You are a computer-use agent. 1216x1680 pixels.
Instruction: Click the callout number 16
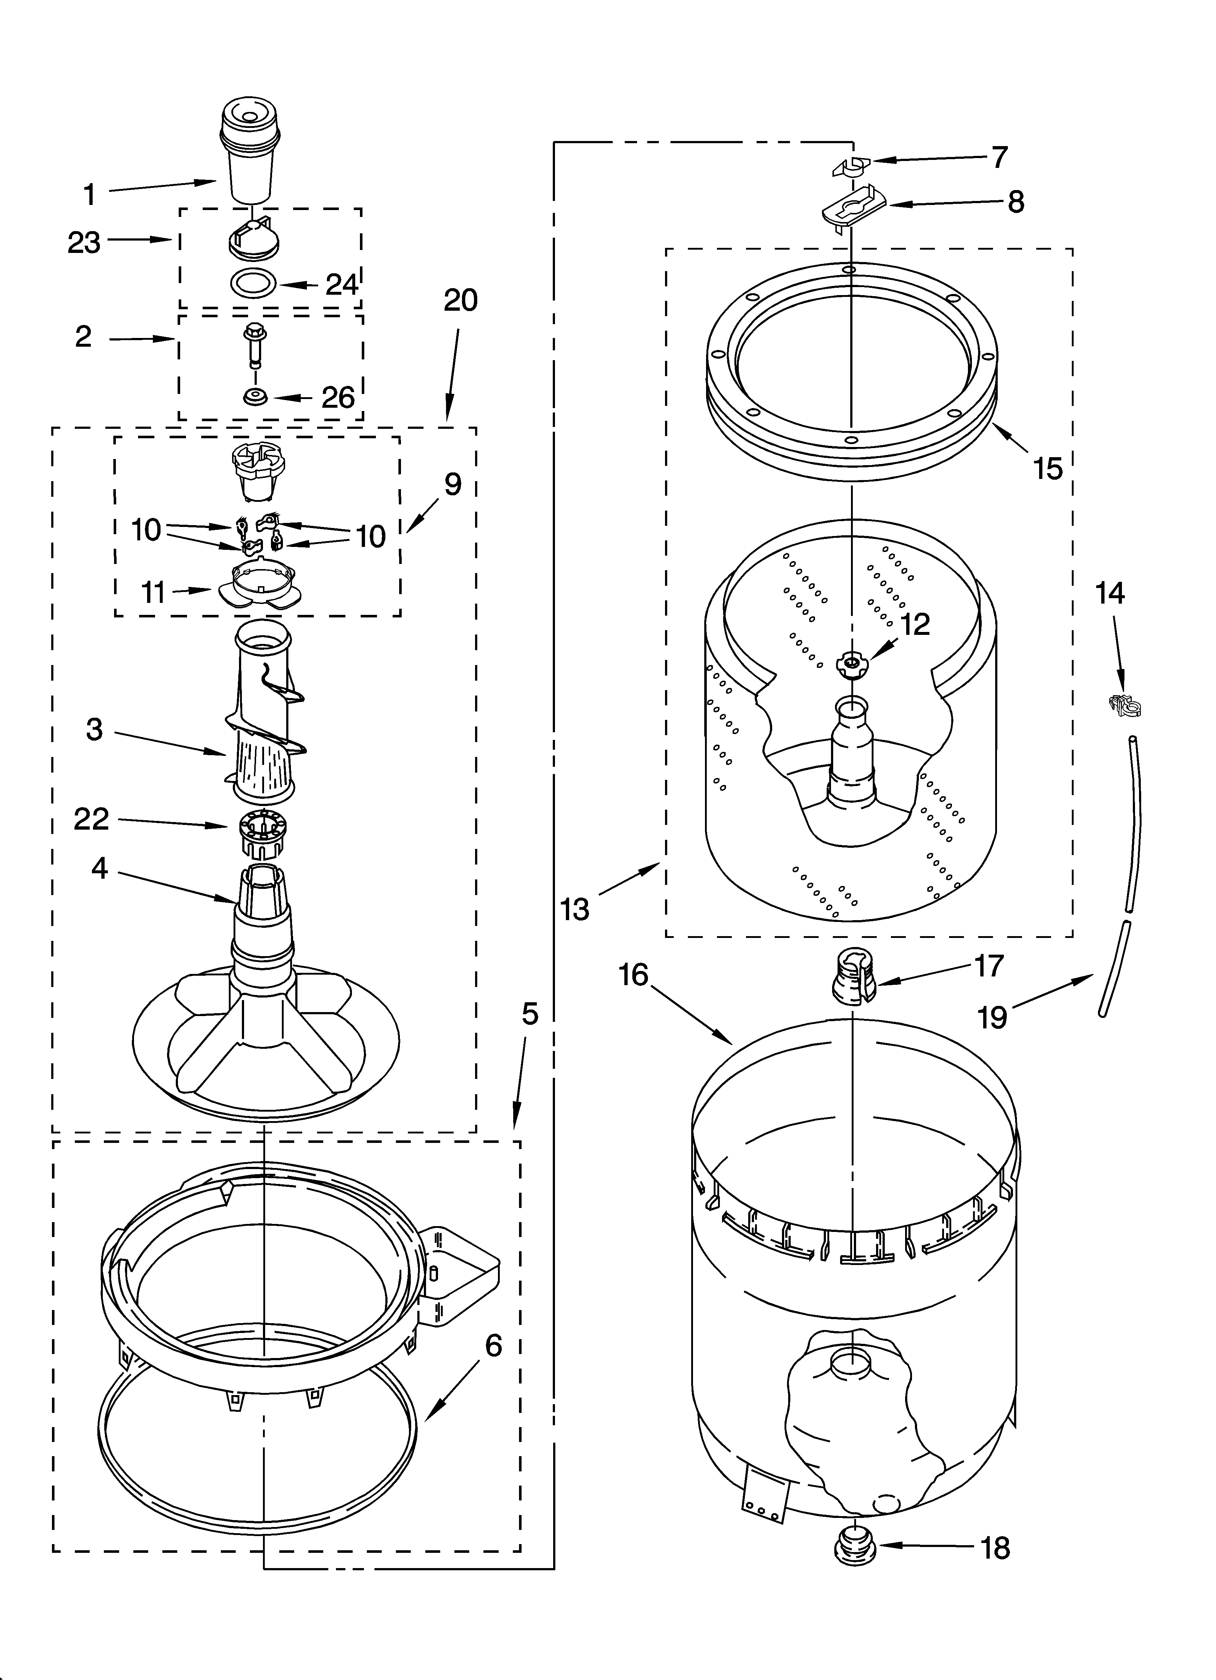[634, 975]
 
